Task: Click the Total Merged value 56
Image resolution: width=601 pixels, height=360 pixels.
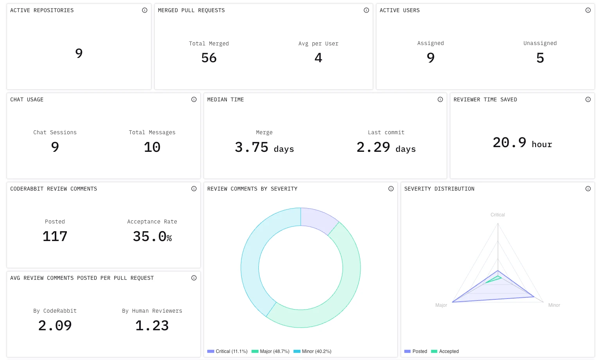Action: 209,58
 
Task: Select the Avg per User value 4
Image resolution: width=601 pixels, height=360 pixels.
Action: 318,58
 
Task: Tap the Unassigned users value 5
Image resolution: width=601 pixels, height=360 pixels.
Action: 540,58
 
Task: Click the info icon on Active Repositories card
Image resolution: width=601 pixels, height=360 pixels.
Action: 145,10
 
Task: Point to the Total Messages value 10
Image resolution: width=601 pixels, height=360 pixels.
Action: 152,147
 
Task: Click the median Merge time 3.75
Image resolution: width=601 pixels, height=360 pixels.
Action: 252,147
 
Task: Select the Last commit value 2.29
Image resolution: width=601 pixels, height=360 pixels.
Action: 373,147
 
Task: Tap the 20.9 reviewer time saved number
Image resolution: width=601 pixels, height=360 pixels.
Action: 510,142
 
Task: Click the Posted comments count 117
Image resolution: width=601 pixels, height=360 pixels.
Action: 55,236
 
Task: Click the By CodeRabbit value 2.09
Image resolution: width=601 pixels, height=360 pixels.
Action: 55,326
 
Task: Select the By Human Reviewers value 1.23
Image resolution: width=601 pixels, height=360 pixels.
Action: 152,326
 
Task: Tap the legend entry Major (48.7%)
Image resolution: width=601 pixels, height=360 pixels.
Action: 271,351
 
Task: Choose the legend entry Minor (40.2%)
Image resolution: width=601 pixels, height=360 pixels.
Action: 312,351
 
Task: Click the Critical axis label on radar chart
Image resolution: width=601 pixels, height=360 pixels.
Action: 497,215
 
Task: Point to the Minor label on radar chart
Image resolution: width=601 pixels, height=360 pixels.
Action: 554,305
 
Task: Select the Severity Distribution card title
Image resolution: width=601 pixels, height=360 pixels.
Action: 439,189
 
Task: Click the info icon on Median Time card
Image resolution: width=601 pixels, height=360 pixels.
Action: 440,99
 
